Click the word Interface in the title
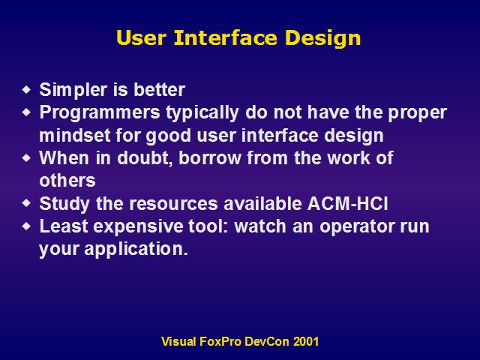pyautogui.click(x=226, y=37)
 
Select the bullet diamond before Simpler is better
pyautogui.click(x=27, y=90)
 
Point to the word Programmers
pyautogui.click(x=100, y=113)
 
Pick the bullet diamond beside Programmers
pyautogui.click(x=27, y=112)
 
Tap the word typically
pyautogui.click(x=202, y=113)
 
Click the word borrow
pyautogui.click(x=210, y=158)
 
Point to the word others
pyautogui.click(x=67, y=181)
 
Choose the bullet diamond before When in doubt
pyautogui.click(x=27, y=158)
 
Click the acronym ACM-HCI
pyautogui.click(x=347, y=203)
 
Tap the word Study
pyautogui.click(x=64, y=204)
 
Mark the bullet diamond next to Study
pyautogui.click(x=27, y=203)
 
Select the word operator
pyautogui.click(x=357, y=226)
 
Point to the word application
pyautogui.click(x=136, y=249)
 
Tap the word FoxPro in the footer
pyautogui.click(x=220, y=341)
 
